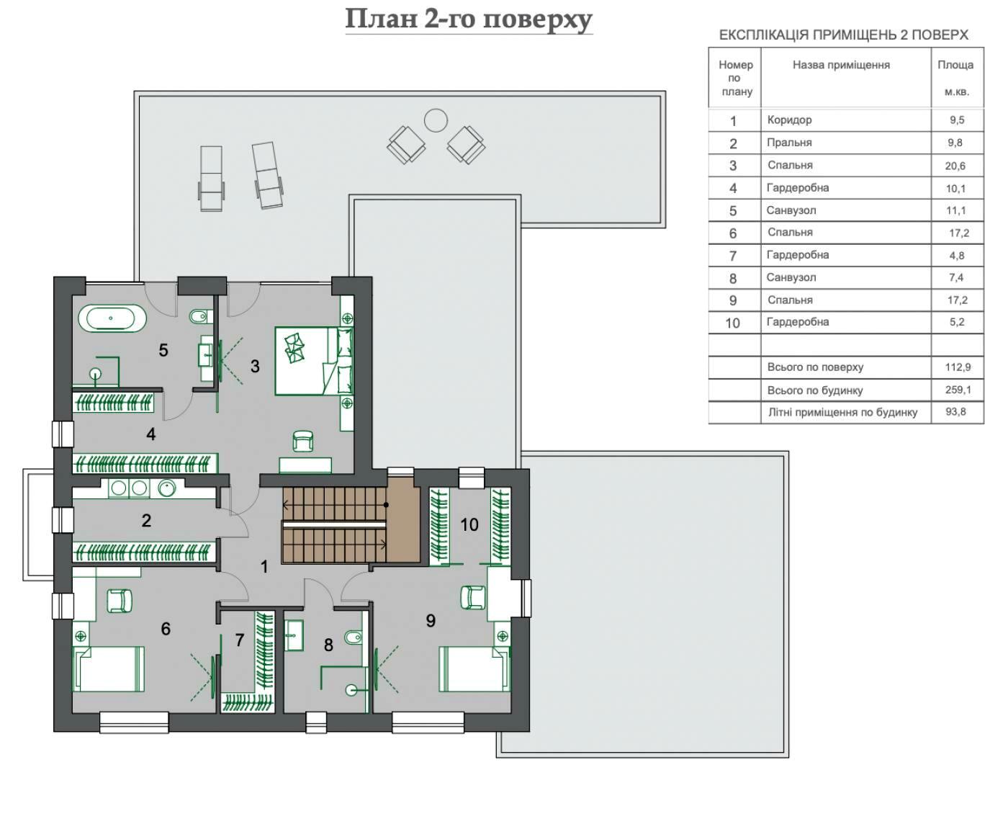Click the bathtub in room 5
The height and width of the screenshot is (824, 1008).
coord(112,318)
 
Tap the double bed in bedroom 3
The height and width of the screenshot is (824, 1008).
coord(314,361)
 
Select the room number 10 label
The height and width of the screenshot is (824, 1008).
coord(469,524)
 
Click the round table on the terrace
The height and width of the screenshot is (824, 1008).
coord(436,120)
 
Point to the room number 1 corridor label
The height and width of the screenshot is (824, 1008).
coord(264,567)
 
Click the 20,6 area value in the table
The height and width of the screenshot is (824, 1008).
coord(955,166)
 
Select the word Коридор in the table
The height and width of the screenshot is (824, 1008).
coord(789,120)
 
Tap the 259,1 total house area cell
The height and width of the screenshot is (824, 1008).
coord(958,390)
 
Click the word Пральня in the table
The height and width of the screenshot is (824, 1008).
coord(789,143)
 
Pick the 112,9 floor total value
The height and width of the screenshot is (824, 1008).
coord(958,367)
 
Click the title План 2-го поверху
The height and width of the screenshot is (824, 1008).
coord(469,20)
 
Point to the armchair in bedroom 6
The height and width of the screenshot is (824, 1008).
coord(120,601)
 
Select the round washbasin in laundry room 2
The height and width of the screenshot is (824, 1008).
coord(166,488)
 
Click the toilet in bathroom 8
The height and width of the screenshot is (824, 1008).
coord(353,637)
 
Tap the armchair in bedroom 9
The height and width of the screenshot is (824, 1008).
coord(473,598)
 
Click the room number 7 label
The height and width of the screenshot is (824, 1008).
coord(240,640)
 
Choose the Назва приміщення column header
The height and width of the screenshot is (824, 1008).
coord(841,65)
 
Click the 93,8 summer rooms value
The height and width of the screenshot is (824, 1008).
coord(955,412)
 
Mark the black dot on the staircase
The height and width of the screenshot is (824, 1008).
coord(386,505)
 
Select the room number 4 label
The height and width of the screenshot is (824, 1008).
coord(151,434)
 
